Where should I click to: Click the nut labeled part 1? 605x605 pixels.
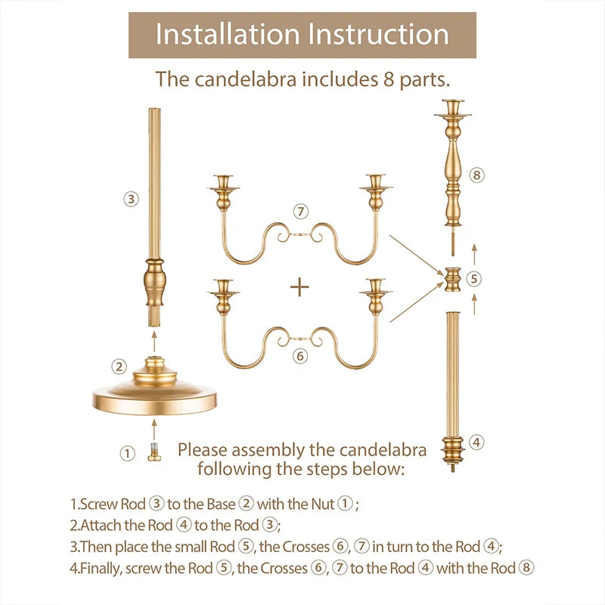click(x=154, y=451)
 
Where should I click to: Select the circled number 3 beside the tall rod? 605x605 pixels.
click(x=131, y=199)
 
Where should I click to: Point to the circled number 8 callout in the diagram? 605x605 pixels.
click(x=477, y=175)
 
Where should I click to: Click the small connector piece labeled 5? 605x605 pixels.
click(x=452, y=279)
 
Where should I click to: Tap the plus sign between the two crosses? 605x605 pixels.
click(x=299, y=287)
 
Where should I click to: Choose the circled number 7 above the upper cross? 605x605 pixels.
click(x=301, y=212)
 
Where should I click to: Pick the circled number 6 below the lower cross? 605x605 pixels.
click(x=300, y=355)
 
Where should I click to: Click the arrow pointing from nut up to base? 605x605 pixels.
click(x=154, y=430)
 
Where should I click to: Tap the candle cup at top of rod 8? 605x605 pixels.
click(x=452, y=109)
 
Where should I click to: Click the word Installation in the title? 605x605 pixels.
click(x=228, y=34)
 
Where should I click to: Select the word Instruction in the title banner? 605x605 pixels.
click(x=379, y=34)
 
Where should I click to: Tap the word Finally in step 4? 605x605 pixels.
click(x=100, y=569)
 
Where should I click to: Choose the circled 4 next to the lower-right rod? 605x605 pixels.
click(x=476, y=442)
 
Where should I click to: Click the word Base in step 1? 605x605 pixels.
click(x=221, y=504)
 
